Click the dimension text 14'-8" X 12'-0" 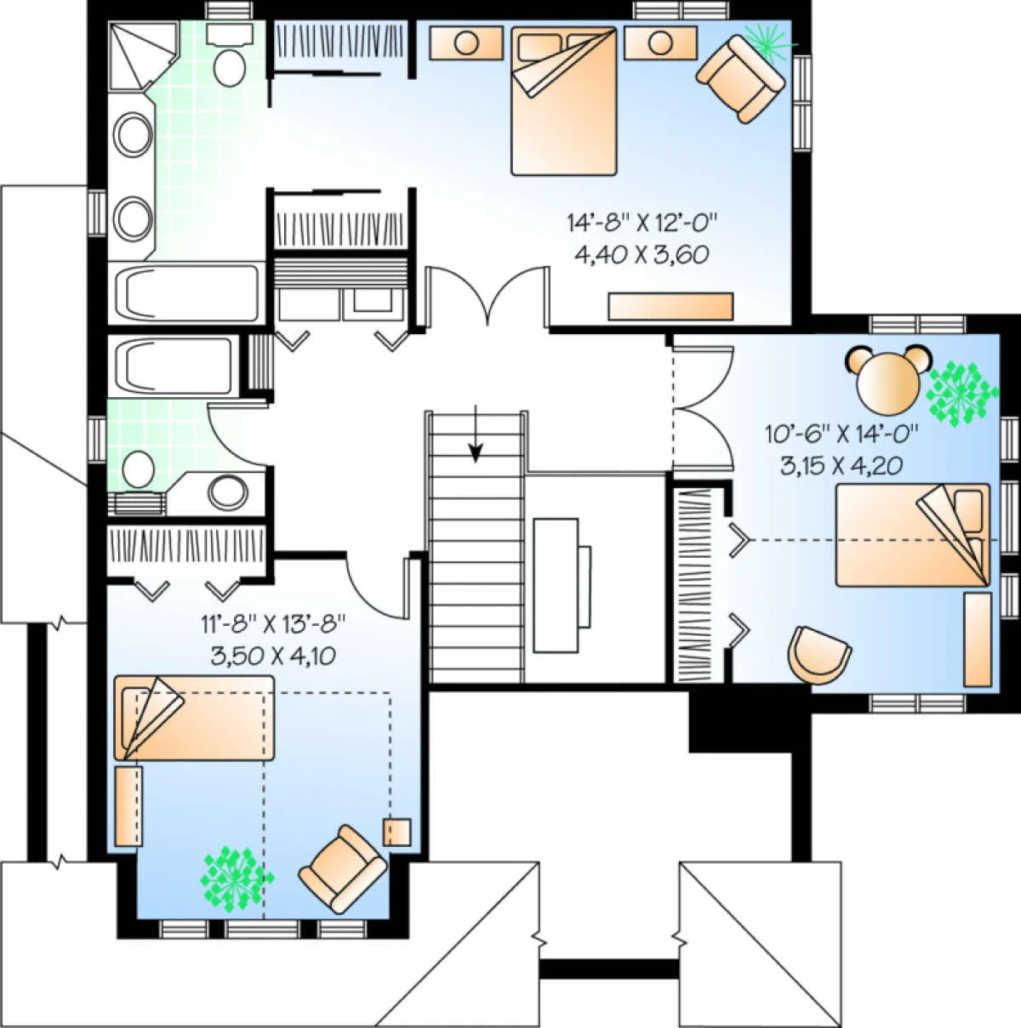[642, 223]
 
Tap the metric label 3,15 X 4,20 [841, 466]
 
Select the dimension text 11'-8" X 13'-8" [273, 622]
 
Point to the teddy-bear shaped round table [888, 380]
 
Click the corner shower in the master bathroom [143, 55]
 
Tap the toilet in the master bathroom [230, 54]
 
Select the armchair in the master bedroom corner [741, 78]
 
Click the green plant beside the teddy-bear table [961, 393]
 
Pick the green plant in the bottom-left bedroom [237, 879]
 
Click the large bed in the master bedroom [563, 101]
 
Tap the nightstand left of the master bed [466, 43]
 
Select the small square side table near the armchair [397, 832]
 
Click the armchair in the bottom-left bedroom [342, 868]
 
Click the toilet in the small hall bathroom [139, 469]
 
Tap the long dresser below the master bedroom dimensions [670, 306]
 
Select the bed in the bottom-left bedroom [194, 718]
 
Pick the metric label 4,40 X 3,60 [642, 255]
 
